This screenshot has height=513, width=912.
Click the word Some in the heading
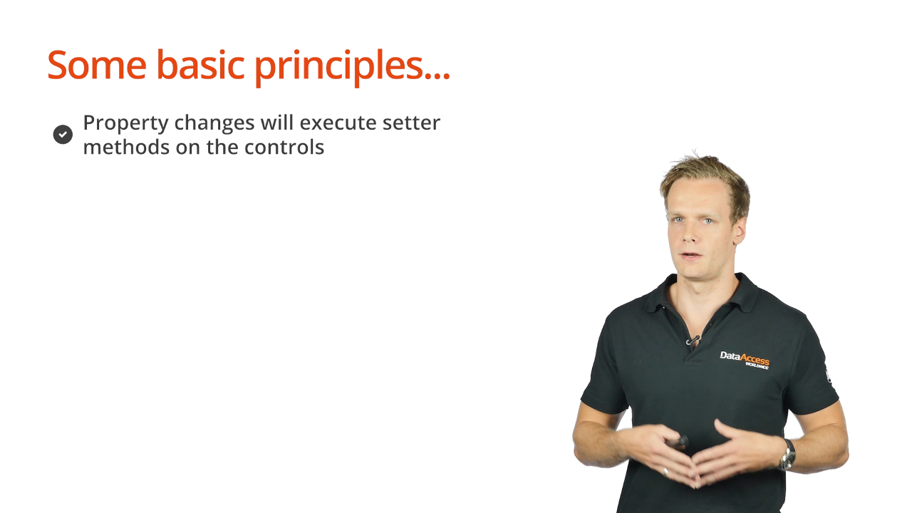pyautogui.click(x=97, y=65)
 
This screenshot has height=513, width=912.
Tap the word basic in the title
pyautogui.click(x=201, y=64)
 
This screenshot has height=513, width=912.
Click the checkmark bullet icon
pyautogui.click(x=63, y=135)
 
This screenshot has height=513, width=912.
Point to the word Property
pyautogui.click(x=125, y=123)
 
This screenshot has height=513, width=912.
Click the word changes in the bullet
pyautogui.click(x=214, y=123)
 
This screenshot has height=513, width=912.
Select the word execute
pyautogui.click(x=338, y=123)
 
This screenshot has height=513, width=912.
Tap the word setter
pyautogui.click(x=411, y=123)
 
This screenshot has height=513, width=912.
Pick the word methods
pyautogui.click(x=126, y=147)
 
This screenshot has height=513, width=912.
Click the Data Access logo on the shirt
pyautogui.click(x=745, y=361)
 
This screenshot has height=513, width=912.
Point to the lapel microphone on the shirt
pyautogui.click(x=692, y=340)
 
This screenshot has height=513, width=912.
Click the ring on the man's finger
pyautogui.click(x=665, y=472)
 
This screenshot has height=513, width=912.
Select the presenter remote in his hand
pyautogui.click(x=678, y=442)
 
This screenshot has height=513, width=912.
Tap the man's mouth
pyautogui.click(x=691, y=256)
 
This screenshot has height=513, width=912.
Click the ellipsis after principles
pyautogui.click(x=437, y=76)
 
